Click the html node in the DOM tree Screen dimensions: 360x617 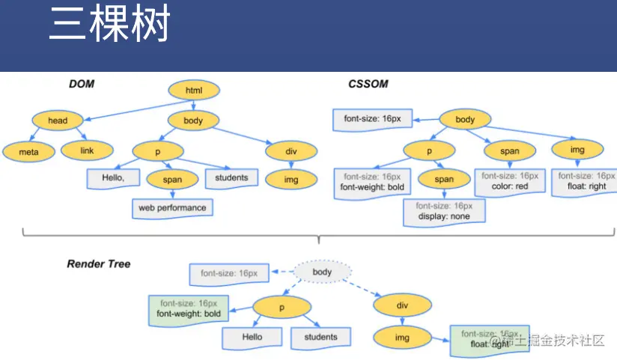pos(194,91)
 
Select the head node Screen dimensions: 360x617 pos(58,120)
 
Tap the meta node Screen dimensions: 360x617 pos(28,152)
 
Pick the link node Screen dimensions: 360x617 pos(87,150)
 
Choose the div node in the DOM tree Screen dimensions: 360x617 pos(291,151)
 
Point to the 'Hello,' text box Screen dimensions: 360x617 pos(113,178)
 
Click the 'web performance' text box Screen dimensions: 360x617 pos(171,207)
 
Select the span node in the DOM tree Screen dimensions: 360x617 pos(172,180)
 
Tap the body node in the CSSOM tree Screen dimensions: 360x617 pos(465,120)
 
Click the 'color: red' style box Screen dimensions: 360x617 pos(511,181)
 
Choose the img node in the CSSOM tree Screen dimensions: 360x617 pos(577,150)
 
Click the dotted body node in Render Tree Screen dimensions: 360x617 pos(322,272)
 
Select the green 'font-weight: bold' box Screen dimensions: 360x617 pos(187,308)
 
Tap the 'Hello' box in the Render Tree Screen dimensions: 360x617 pos(252,338)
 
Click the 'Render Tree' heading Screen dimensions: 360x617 pos(99,264)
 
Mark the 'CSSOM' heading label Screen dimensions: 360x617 pos(368,84)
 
